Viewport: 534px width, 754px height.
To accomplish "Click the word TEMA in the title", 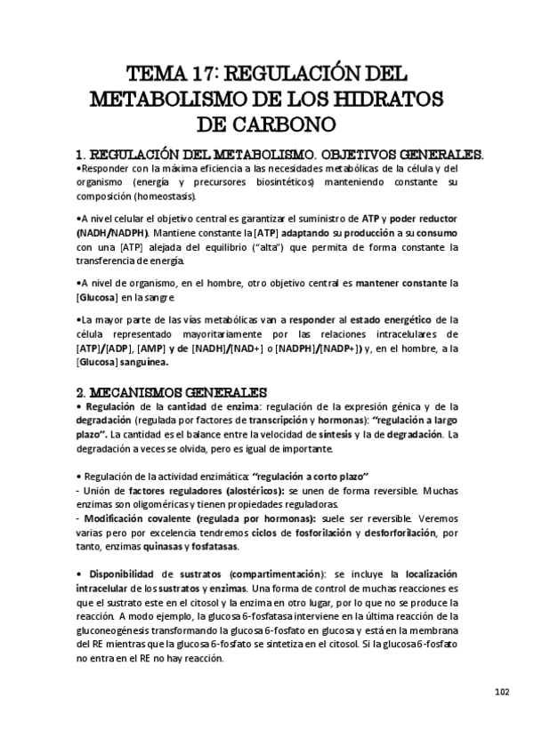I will [154, 71].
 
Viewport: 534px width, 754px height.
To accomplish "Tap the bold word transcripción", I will [304, 420].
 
